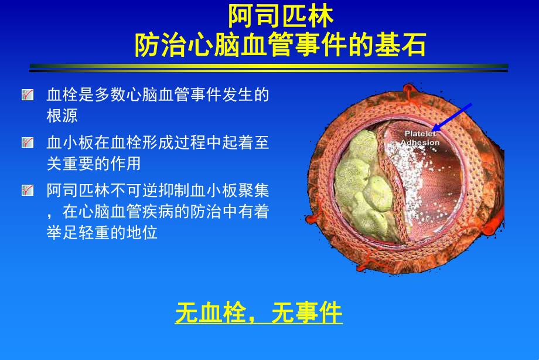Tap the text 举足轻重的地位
click(x=102, y=232)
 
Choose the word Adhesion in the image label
click(x=420, y=142)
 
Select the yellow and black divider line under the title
click(x=269, y=68)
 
